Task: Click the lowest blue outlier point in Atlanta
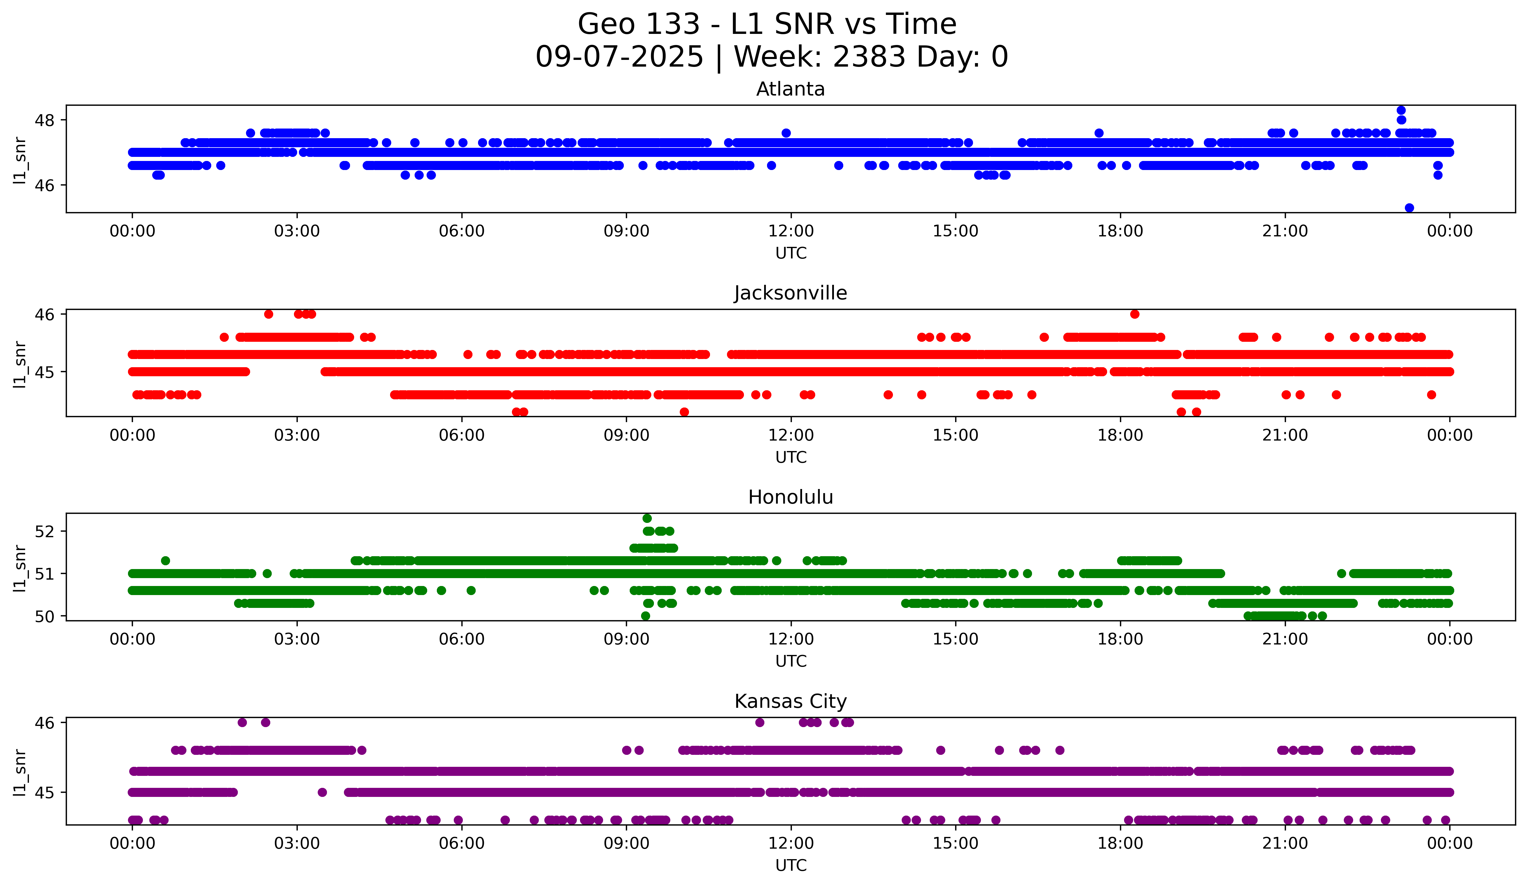click(1410, 208)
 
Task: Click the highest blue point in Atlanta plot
click(1401, 110)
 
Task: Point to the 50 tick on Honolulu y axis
click(44, 616)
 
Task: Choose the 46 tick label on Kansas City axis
click(44, 722)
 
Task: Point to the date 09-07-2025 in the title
click(619, 57)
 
